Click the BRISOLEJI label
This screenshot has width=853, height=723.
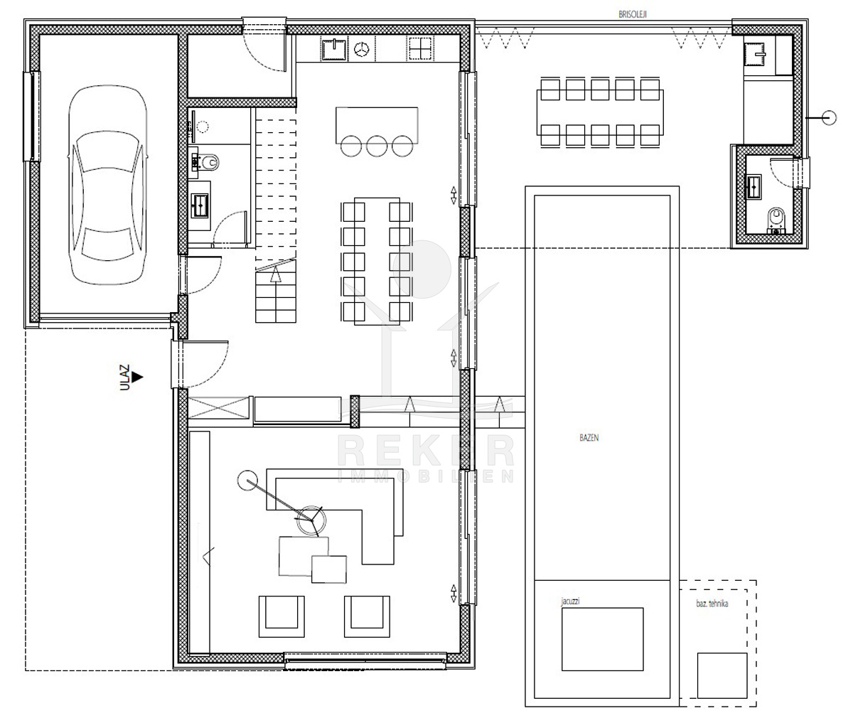point(632,14)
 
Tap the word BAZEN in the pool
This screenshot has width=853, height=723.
point(589,438)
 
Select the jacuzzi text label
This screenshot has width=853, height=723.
point(570,601)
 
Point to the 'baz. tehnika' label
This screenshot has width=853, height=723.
point(712,604)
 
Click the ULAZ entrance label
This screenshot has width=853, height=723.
point(124,377)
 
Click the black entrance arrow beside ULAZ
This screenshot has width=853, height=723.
point(137,377)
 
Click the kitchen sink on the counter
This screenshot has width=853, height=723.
point(334,50)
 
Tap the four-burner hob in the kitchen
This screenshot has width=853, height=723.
point(421,48)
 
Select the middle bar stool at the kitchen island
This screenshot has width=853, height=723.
point(376,146)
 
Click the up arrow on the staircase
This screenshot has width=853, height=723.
point(276,274)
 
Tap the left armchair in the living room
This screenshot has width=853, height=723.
point(281,616)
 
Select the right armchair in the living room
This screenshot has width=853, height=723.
point(367,616)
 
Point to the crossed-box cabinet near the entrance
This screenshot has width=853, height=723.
point(219,408)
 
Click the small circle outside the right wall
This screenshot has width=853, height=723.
point(829,118)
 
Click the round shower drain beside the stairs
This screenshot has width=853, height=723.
point(203,127)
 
